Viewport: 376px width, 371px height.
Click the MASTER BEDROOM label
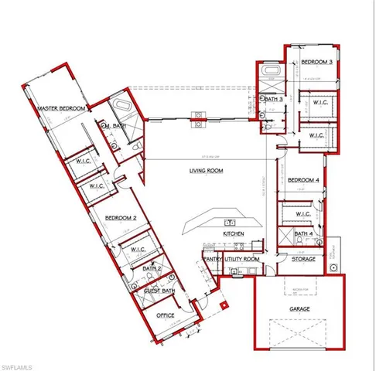60,109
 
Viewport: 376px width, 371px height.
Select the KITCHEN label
234,233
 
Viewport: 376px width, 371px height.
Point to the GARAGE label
300,308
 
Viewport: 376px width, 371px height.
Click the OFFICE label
165,315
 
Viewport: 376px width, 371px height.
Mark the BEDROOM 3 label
316,61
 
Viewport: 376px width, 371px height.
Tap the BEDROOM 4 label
304,180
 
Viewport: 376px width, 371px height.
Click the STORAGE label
303,259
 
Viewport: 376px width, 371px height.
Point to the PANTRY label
213,260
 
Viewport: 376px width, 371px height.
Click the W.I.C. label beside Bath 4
303,214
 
